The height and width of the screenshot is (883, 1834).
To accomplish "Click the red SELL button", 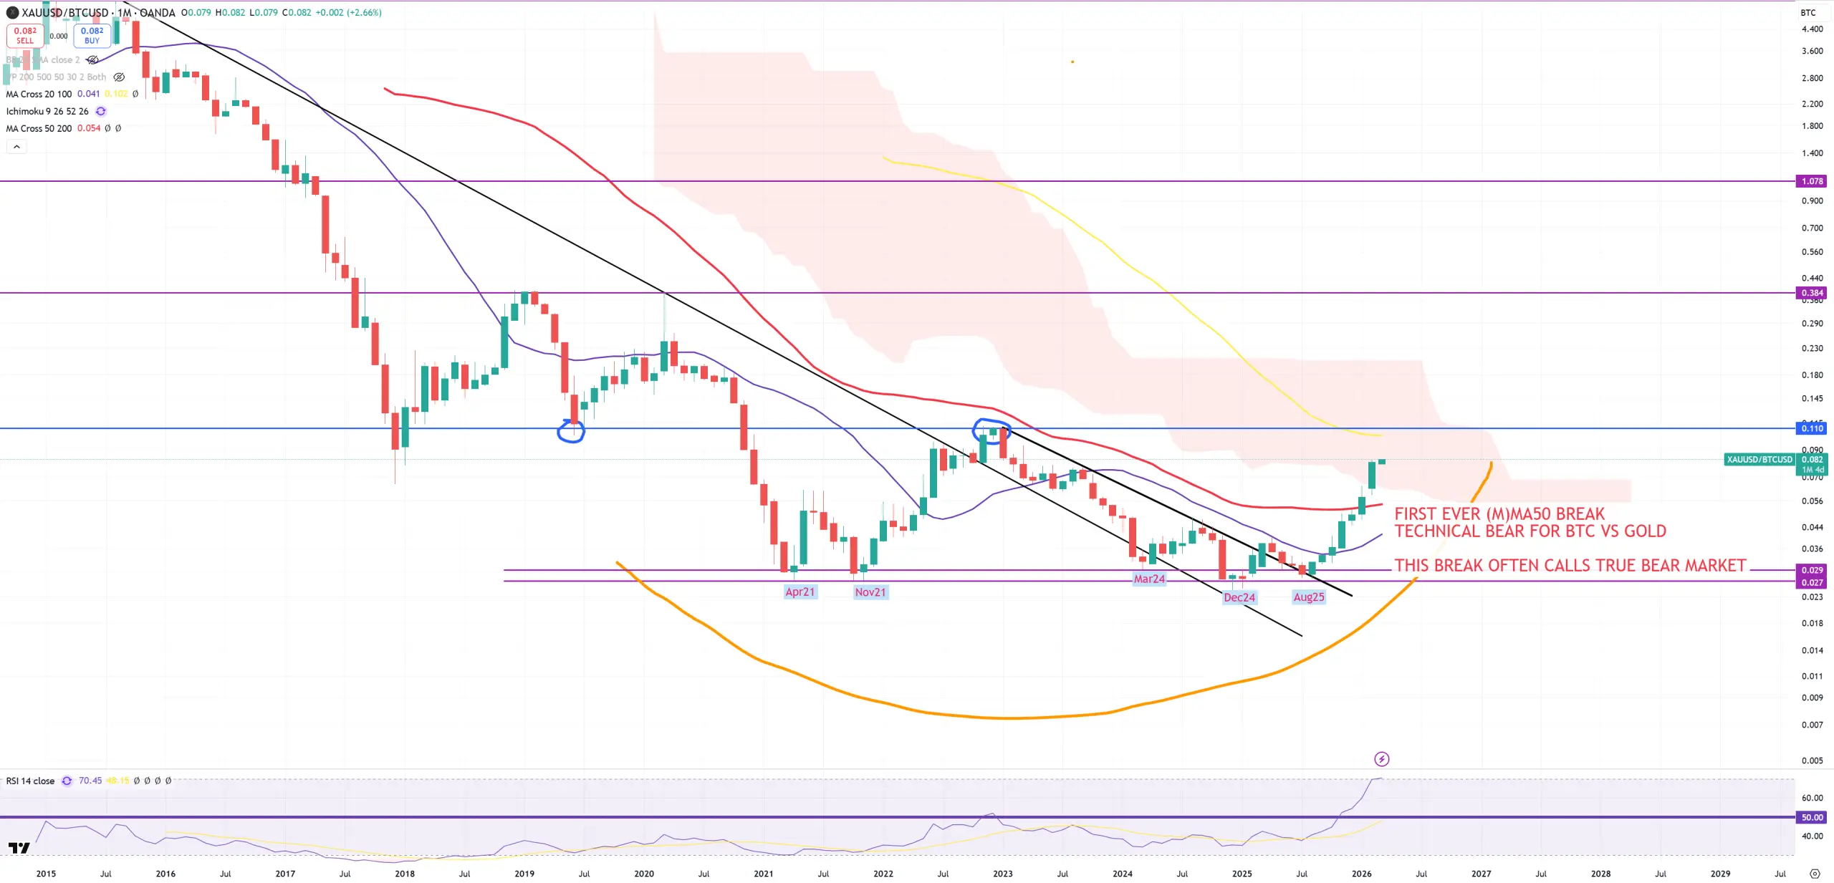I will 25,35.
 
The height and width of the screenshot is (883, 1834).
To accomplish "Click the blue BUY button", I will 92,35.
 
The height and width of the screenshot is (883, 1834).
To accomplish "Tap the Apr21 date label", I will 800,592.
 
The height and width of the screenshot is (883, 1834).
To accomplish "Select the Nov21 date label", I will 870,592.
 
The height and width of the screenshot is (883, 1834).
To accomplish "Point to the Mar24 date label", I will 1148,579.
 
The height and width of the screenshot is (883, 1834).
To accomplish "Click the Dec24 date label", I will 1239,597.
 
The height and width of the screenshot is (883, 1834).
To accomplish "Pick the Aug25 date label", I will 1308,597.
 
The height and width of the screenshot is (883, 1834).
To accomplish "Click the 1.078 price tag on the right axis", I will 1812,181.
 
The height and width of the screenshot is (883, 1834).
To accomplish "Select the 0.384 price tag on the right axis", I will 1812,293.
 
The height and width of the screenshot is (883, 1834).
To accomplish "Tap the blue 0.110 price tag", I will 1812,428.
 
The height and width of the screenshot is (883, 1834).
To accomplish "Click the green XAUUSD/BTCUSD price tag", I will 1759,460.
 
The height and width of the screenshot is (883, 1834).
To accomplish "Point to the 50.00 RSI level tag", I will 1812,817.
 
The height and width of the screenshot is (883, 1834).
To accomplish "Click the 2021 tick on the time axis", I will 764,874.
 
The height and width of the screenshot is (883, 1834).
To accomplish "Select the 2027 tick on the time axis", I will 1481,874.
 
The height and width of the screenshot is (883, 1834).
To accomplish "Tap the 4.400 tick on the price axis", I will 1812,29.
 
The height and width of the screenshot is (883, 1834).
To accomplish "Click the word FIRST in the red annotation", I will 1415,514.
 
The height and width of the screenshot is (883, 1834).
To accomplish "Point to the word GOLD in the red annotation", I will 1645,531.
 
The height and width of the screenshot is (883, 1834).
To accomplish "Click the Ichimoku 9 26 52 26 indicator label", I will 47,111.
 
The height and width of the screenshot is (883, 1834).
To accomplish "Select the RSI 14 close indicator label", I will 30,781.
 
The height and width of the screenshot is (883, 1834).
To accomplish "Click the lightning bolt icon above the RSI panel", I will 1381,759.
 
